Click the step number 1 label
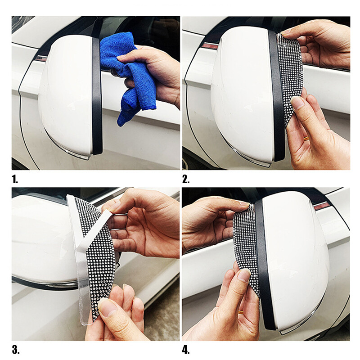[x=15, y=179]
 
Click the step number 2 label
[x=186, y=179]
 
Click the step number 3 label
[x=16, y=350]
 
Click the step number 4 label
[x=186, y=350]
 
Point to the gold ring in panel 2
[x=306, y=138]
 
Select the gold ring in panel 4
[x=241, y=311]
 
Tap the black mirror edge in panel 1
[x=97, y=96]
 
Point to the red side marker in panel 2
[x=209, y=45]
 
